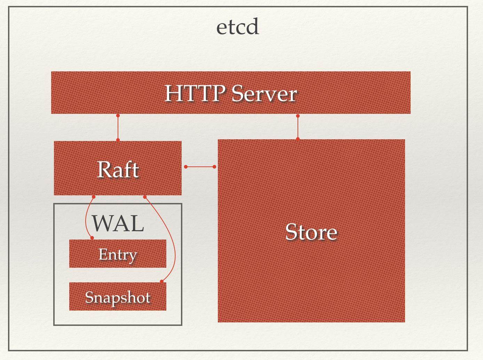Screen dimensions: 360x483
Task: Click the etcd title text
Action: coord(238,27)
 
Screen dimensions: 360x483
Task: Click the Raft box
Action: coord(118,168)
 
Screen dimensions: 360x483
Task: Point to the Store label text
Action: coord(311,232)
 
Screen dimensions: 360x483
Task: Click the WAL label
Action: coord(118,223)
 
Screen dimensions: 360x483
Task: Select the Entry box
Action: coord(118,254)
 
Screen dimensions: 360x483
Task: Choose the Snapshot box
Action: coord(118,297)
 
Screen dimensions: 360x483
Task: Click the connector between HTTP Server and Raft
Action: coord(118,128)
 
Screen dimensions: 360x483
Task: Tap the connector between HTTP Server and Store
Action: coord(298,127)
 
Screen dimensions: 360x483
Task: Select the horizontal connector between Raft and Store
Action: coord(200,167)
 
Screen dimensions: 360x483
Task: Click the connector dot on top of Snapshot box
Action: coord(161,281)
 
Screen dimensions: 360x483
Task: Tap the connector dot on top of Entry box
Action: coord(92,238)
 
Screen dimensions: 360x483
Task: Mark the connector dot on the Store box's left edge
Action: coord(214,167)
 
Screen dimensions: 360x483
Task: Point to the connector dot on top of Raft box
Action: coord(118,140)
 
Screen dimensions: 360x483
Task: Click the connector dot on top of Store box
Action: coord(298,139)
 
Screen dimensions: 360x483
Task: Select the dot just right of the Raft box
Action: coord(185,167)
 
